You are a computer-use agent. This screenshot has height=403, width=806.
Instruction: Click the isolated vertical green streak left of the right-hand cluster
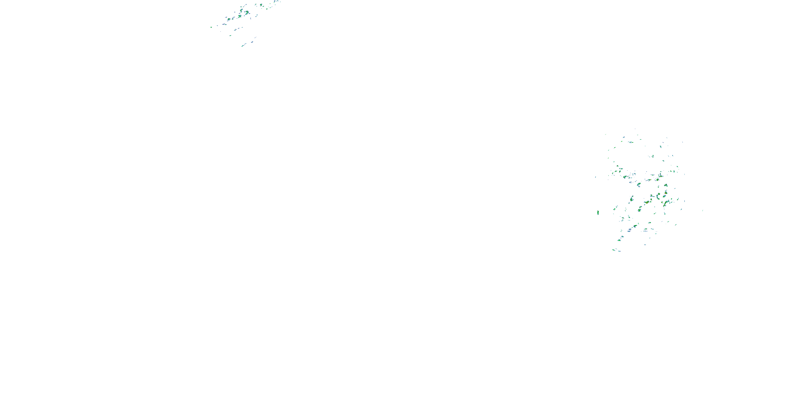click(x=598, y=213)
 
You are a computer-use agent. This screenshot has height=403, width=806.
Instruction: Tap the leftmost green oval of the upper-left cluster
click(x=211, y=27)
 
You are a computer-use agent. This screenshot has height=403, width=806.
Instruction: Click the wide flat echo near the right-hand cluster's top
click(x=631, y=142)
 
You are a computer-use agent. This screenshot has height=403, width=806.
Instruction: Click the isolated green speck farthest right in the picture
click(x=703, y=211)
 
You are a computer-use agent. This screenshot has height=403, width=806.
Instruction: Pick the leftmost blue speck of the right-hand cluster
click(x=595, y=177)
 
